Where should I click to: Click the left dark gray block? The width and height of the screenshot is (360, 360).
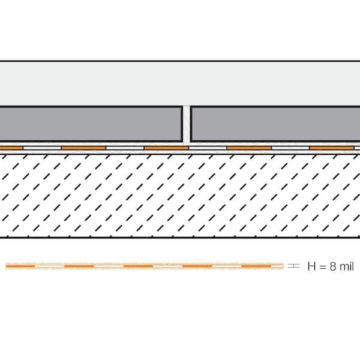[91, 124]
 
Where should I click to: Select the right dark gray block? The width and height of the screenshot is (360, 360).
[275, 124]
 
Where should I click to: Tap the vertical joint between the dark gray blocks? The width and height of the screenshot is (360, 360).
[187, 124]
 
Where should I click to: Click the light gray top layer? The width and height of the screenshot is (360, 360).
[180, 83]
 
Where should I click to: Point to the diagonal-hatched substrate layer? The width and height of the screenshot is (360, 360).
[180, 196]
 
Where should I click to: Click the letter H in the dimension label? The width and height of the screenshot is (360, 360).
[312, 266]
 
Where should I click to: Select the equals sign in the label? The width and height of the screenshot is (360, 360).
[323, 267]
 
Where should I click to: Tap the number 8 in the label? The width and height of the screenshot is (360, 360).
[333, 266]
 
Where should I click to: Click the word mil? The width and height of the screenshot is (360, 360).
[346, 266]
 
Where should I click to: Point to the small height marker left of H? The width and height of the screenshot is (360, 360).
[293, 266]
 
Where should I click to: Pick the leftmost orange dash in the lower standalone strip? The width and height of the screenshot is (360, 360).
[20, 266]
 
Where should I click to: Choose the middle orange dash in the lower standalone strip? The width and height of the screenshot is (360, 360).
[138, 266]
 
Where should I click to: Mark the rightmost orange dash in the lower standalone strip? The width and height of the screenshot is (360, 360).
[256, 266]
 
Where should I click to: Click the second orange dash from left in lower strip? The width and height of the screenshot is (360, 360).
[79, 266]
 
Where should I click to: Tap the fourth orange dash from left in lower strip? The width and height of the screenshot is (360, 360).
[197, 266]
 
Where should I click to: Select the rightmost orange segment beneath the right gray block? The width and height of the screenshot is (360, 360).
[332, 148]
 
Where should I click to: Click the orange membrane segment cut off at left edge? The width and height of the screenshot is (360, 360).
[11, 148]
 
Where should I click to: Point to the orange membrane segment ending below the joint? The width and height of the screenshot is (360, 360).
[166, 148]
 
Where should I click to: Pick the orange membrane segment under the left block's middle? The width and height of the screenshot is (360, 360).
[83, 148]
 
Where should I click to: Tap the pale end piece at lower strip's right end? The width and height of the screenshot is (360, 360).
[277, 266]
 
